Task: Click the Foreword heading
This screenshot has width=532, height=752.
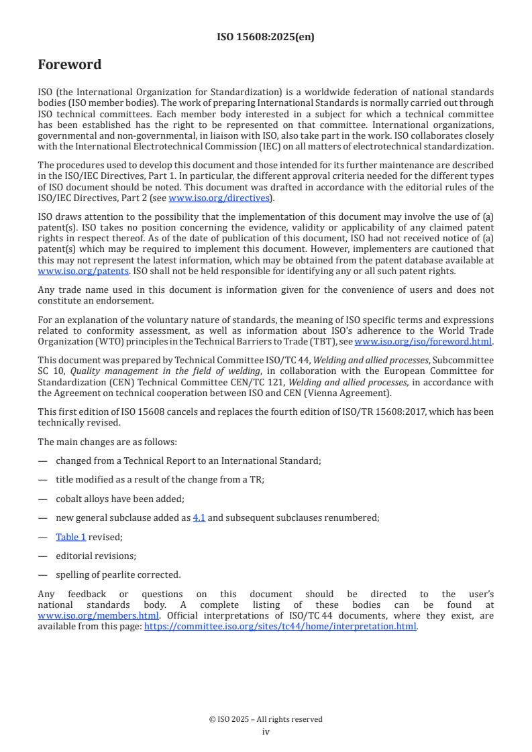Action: [70, 64]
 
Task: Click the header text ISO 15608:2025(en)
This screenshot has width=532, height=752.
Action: [266, 37]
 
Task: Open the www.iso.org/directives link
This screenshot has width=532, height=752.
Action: [219, 198]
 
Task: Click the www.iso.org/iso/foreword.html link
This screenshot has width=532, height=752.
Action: [423, 341]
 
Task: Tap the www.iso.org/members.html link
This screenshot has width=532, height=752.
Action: [98, 615]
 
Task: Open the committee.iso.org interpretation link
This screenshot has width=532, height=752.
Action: [280, 626]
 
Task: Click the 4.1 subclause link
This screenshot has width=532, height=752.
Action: [199, 517]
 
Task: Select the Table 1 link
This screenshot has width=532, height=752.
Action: [70, 536]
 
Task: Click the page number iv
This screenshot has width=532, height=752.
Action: [266, 731]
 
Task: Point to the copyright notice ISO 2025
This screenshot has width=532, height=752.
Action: [266, 719]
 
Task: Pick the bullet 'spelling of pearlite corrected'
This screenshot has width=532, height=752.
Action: [118, 574]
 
